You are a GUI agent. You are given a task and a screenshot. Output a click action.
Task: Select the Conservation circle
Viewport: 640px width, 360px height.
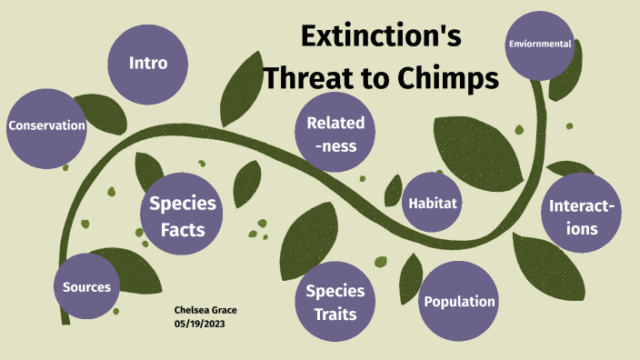(x=46, y=126)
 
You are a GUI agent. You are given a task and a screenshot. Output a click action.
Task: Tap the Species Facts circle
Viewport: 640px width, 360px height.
(x=183, y=216)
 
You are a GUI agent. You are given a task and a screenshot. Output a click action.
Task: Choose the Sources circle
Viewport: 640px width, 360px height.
(x=86, y=287)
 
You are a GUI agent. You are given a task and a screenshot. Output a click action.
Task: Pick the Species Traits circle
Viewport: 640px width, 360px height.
(x=335, y=303)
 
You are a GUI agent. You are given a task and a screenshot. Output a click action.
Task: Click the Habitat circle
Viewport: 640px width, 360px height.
(x=431, y=202)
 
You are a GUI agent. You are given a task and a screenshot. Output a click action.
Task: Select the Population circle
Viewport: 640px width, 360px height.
(x=460, y=302)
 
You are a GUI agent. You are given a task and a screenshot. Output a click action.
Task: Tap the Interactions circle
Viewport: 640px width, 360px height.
(x=581, y=216)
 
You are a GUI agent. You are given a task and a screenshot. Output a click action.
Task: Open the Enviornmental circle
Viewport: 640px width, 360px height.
(x=540, y=44)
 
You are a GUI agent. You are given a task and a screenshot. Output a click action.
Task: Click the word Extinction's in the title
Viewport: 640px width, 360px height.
(x=381, y=38)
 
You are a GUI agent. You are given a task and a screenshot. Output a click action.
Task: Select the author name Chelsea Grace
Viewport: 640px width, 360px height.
(x=205, y=310)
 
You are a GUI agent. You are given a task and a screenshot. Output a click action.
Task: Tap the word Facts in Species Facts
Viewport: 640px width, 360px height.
(x=183, y=229)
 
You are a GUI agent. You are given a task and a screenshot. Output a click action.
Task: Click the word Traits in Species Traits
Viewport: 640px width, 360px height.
(x=335, y=315)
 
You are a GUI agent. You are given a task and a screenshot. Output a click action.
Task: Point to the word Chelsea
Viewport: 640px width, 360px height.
(x=192, y=310)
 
